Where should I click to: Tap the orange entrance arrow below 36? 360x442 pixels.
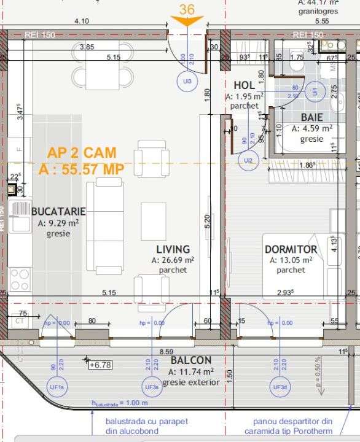(187, 21)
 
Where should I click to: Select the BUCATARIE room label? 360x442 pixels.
(58, 211)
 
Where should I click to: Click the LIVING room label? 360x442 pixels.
(173, 249)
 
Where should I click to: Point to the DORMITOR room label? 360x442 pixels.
(291, 250)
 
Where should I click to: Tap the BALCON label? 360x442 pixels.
(191, 360)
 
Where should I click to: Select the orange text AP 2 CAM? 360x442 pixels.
(81, 152)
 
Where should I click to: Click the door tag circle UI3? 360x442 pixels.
(187, 81)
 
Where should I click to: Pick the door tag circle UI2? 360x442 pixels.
(248, 161)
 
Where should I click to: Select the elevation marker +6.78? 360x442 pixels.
(100, 365)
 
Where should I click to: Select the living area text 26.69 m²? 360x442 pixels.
(173, 260)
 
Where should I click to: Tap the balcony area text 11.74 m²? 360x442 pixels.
(191, 371)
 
